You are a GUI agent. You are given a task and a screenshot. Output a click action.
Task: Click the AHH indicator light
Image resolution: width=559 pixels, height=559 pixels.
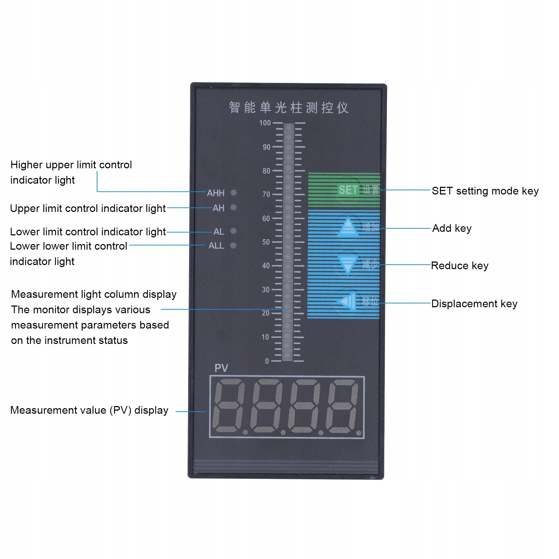(234, 192)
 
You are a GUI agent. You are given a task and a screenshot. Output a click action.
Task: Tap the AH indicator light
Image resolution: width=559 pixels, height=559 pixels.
(234, 208)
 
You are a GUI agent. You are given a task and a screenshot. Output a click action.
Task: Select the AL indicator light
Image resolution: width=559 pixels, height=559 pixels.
(234, 231)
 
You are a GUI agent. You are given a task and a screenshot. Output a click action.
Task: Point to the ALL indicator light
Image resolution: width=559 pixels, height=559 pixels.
(233, 246)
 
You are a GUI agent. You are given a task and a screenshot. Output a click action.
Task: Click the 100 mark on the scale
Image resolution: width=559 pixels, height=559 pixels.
(265, 123)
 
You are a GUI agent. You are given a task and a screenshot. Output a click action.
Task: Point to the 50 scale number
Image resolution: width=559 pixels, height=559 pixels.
(266, 242)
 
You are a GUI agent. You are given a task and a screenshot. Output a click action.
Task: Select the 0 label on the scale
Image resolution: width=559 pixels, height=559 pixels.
(267, 361)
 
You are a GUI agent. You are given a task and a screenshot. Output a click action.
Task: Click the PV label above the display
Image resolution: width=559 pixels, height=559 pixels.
(221, 368)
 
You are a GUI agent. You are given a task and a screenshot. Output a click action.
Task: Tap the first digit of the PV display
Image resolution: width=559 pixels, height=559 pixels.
(229, 406)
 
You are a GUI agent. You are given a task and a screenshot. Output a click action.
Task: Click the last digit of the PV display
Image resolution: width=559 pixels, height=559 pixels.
(343, 406)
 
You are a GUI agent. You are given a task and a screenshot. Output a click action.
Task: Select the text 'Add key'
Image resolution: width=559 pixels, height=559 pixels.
(452, 228)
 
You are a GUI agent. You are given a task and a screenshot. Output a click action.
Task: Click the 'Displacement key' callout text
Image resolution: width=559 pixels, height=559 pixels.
(474, 304)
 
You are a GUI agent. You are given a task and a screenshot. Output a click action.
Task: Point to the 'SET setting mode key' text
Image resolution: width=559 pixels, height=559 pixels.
(485, 191)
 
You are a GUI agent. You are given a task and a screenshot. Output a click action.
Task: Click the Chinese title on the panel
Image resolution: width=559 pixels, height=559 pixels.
(288, 108)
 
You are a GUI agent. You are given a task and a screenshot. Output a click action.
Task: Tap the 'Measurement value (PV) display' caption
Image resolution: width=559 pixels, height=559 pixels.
(89, 410)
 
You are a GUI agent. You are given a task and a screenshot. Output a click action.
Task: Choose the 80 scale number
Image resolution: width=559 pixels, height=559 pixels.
(266, 171)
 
